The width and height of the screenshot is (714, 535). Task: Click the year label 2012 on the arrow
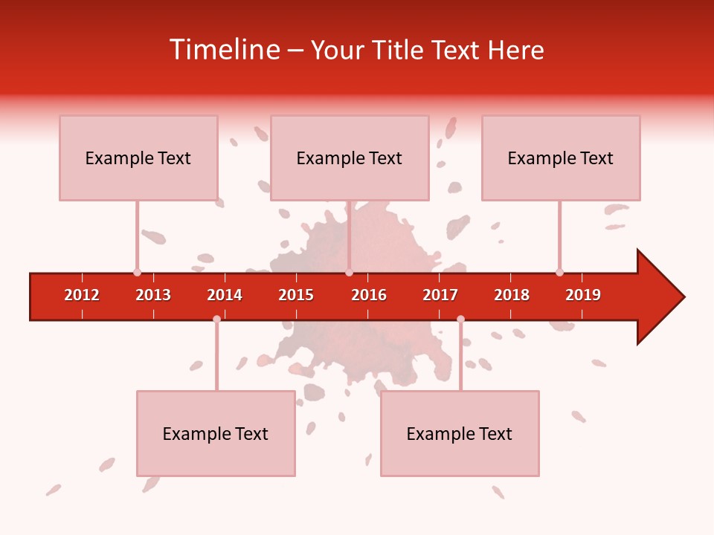point(82,295)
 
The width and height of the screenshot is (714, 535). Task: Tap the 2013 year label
point(153,295)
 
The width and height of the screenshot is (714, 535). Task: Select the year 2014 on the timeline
point(225,295)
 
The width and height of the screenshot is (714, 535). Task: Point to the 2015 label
point(296,295)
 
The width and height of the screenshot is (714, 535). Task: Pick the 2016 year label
point(369,295)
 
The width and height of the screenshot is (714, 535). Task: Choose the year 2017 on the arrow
point(440,295)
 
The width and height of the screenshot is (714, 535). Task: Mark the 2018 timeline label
point(512,295)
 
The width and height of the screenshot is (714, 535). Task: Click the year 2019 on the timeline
point(583,295)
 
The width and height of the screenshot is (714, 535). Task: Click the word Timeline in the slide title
point(225,50)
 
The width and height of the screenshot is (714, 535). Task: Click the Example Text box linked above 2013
point(138,158)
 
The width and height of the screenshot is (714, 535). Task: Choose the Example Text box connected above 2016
point(350,158)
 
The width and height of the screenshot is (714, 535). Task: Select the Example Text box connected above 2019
point(561,158)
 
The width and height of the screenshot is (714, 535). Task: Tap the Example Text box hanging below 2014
point(216,433)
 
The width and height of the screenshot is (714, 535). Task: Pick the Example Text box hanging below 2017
point(460,433)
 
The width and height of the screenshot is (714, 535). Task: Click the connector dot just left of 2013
point(137,273)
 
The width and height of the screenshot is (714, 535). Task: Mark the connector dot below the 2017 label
point(460,320)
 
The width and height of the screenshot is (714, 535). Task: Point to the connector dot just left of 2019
point(559,273)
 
